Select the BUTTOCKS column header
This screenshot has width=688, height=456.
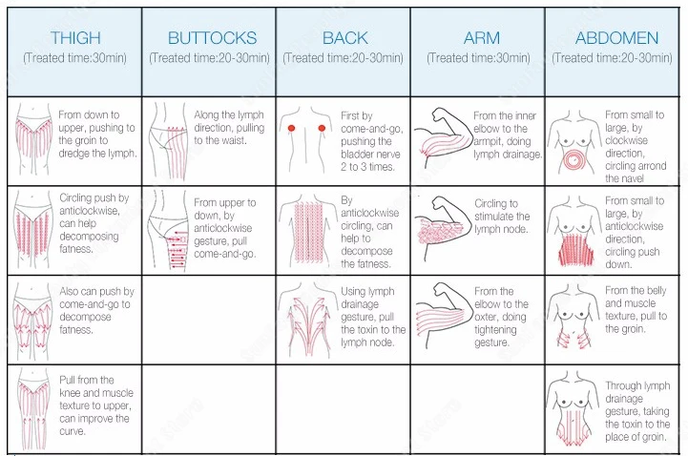point(212,38)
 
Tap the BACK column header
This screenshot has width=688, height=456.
point(344,38)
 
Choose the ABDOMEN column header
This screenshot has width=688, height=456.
point(616,38)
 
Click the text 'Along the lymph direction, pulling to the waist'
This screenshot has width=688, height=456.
point(229,127)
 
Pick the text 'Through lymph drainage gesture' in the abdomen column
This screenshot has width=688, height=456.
point(637,405)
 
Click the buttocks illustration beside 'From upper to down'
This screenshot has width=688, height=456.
point(168,232)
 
